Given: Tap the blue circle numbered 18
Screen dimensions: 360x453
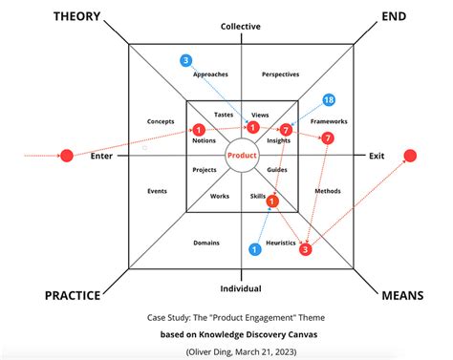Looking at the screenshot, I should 329,100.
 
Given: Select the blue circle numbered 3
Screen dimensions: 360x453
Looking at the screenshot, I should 185,61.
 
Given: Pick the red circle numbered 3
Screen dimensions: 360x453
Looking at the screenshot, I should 306,250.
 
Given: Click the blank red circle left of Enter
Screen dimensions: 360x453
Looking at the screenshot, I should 67,155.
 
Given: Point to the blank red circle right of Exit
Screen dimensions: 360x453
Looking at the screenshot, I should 410,155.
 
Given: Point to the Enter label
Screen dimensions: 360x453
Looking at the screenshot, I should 101,156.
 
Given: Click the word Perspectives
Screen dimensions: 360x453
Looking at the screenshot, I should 280,74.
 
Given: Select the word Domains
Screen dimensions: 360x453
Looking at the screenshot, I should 206,243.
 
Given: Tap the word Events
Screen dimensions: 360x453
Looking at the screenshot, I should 158,191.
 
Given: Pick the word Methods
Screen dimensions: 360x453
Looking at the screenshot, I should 327,191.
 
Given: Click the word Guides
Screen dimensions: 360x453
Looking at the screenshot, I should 277,170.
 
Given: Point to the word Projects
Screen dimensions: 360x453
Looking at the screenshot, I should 204,170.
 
